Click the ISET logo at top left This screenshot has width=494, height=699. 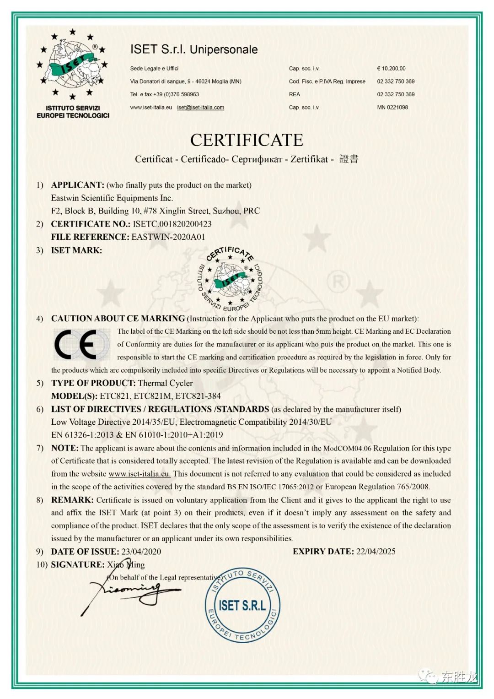pyautogui.click(x=73, y=73)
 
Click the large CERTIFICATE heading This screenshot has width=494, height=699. pyautogui.click(x=247, y=140)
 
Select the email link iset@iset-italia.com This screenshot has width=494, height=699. pyautogui.click(x=200, y=108)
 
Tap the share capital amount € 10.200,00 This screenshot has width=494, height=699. pyautogui.click(x=391, y=69)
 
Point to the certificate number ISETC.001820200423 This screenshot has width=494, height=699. pyautogui.click(x=172, y=224)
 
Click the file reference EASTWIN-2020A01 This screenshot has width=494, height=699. pyautogui.click(x=168, y=237)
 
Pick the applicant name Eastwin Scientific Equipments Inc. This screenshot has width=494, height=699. pyautogui.click(x=112, y=198)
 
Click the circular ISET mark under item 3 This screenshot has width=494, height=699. pyautogui.click(x=230, y=280)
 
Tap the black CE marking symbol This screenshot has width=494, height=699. pyautogui.click(x=76, y=344)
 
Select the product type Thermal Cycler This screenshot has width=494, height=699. pyautogui.click(x=165, y=383)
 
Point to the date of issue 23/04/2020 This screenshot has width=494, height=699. pyautogui.click(x=141, y=552)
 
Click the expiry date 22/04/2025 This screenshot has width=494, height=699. pyautogui.click(x=376, y=552)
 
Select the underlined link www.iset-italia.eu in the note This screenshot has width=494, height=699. pyautogui.click(x=140, y=474)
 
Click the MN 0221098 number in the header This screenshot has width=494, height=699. pyautogui.click(x=392, y=108)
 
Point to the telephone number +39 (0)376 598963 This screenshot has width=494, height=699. pyautogui.click(x=176, y=94)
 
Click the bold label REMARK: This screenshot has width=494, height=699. pyautogui.click(x=72, y=500)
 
